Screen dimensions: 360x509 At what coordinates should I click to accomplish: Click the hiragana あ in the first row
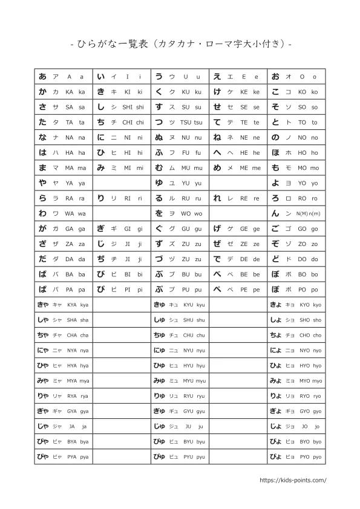(42, 77)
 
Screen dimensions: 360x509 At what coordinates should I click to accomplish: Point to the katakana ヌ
(172, 137)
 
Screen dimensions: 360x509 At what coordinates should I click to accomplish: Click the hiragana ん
(275, 213)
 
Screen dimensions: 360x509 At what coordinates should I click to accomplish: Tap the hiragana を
(159, 213)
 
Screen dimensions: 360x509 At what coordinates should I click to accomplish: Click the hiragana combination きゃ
(43, 305)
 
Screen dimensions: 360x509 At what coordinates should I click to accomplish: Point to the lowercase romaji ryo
(318, 396)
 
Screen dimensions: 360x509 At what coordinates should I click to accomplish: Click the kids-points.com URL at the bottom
(292, 480)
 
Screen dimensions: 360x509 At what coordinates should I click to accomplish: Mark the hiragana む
(159, 168)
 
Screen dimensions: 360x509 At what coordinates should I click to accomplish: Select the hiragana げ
(217, 229)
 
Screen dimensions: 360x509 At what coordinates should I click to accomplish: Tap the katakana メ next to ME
(231, 168)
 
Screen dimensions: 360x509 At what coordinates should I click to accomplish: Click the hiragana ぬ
(159, 137)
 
